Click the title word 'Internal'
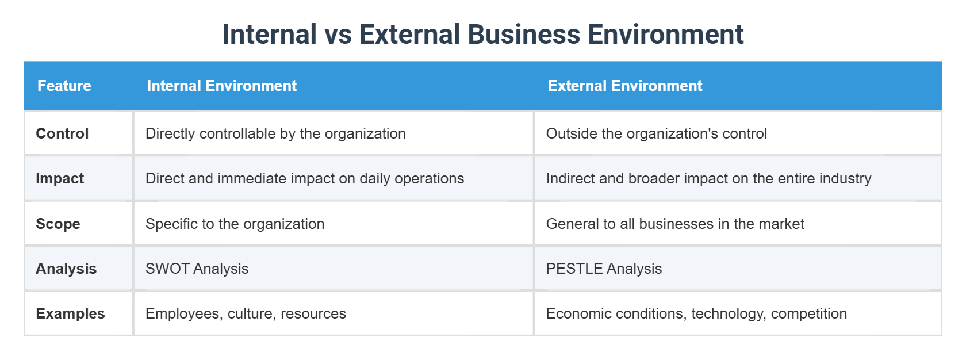pyautogui.click(x=269, y=35)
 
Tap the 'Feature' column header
pyautogui.click(x=64, y=86)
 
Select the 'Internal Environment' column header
pyautogui.click(x=221, y=86)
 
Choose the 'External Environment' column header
pyautogui.click(x=625, y=86)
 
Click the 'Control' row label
pyautogui.click(x=62, y=133)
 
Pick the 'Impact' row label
pyautogui.click(x=60, y=178)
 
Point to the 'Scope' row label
pyautogui.click(x=58, y=224)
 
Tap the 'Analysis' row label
pyautogui.click(x=66, y=269)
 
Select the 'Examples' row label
pyautogui.click(x=70, y=313)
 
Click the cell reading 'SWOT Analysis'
pyautogui.click(x=197, y=269)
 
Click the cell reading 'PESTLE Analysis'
pyautogui.click(x=604, y=269)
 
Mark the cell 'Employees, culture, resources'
pyautogui.click(x=246, y=313)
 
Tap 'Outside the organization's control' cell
pyautogui.click(x=656, y=133)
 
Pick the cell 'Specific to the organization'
pyautogui.click(x=235, y=224)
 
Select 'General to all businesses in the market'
pyautogui.click(x=675, y=224)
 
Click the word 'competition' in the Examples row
pyautogui.click(x=808, y=313)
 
